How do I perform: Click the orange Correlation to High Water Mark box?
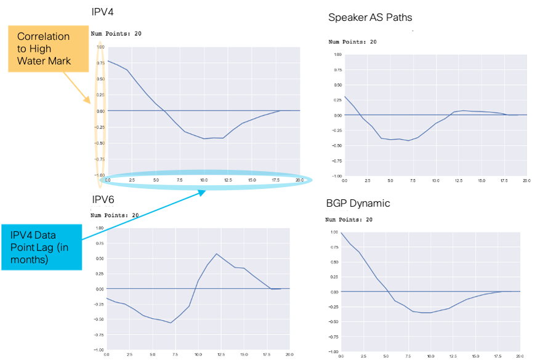pos(42,49)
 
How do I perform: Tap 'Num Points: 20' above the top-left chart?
pos(116,34)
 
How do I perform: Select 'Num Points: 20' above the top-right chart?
pos(352,42)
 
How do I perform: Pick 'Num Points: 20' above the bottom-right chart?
pos(349,220)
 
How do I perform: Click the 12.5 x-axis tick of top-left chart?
pos(228,180)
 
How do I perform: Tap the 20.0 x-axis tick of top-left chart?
pos(299,180)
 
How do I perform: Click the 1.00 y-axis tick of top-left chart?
pos(100,47)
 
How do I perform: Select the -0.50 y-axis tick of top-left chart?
pos(100,143)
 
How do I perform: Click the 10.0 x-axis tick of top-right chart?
pos(435,181)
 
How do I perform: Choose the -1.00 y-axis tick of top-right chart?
pos(336,175)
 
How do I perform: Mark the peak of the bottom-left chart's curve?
pos(216,254)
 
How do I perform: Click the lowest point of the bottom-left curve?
pos(171,322)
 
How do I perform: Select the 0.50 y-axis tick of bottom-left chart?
pos(100,259)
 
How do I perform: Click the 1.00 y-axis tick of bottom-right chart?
pos(334,232)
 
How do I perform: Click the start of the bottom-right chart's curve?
pos(341,233)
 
